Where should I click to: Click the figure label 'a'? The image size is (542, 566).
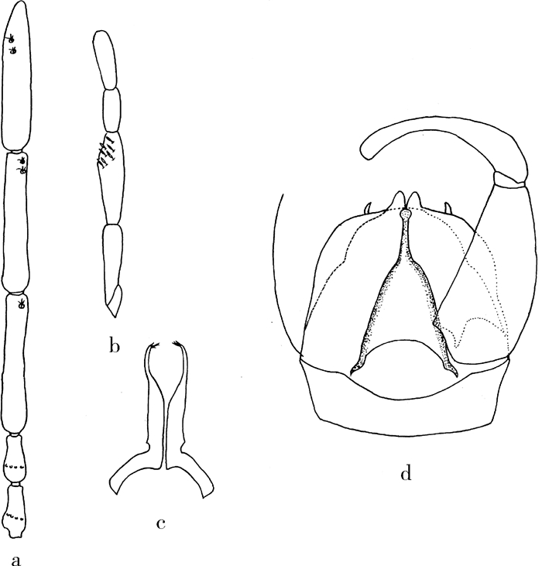[16, 560]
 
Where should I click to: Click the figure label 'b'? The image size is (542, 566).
[114, 346]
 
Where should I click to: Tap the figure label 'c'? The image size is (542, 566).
[161, 523]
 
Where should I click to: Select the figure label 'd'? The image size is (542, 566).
[406, 473]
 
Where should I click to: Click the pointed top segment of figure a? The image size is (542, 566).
[16, 76]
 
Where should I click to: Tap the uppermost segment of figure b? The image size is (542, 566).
[105, 60]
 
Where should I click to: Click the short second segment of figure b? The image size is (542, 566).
[111, 111]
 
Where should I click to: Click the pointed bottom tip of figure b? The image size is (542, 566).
[115, 317]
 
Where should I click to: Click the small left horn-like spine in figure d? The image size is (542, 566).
[368, 208]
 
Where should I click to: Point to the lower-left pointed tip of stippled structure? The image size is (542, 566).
[351, 372]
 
